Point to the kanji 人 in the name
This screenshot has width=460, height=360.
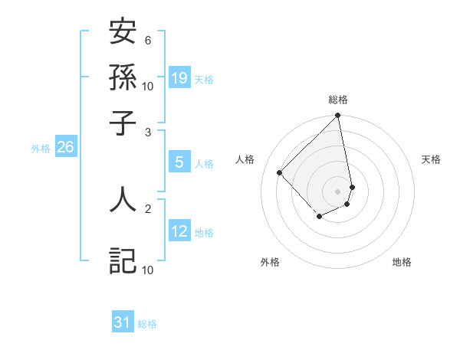[123, 198]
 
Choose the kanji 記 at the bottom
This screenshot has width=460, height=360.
[123, 260]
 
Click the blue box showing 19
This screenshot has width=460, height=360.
[179, 78]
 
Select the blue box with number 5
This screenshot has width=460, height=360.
[179, 162]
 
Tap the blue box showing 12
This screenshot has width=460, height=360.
[179, 231]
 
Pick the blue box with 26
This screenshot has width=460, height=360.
[65, 148]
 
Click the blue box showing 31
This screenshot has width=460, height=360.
[123, 323]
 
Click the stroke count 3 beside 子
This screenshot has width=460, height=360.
[148, 132]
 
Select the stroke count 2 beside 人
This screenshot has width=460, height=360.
[148, 207]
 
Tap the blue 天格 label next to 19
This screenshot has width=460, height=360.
[204, 80]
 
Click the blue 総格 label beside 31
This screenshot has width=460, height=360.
[147, 325]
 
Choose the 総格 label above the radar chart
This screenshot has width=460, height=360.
[337, 100]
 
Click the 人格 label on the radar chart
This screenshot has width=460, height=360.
[245, 159]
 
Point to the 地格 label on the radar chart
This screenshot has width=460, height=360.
[402, 262]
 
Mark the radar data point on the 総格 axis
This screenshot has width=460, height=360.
[337, 116]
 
